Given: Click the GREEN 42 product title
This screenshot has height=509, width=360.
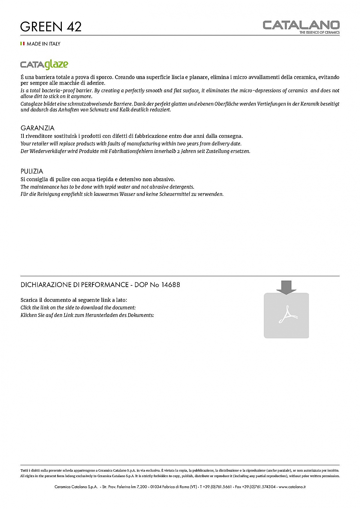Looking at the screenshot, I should (x=51, y=26).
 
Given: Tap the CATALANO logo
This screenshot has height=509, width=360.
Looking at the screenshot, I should (x=301, y=25).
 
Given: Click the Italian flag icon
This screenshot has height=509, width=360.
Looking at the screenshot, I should (x=22, y=43).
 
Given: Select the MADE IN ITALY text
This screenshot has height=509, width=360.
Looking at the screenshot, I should (x=43, y=44).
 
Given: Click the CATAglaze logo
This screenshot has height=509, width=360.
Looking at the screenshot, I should (x=44, y=64).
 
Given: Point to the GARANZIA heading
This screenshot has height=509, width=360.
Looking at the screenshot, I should (x=37, y=128).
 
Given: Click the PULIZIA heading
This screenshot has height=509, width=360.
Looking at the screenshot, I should (x=32, y=171).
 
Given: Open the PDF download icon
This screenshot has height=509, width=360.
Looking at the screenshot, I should (x=286, y=315).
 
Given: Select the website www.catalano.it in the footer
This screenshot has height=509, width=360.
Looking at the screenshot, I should (x=292, y=487).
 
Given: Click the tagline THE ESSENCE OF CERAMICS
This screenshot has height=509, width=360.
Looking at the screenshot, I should (x=319, y=33).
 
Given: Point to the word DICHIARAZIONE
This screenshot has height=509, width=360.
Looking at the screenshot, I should (x=46, y=285).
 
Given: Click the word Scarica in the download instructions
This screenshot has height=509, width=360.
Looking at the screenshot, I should (x=29, y=300).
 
